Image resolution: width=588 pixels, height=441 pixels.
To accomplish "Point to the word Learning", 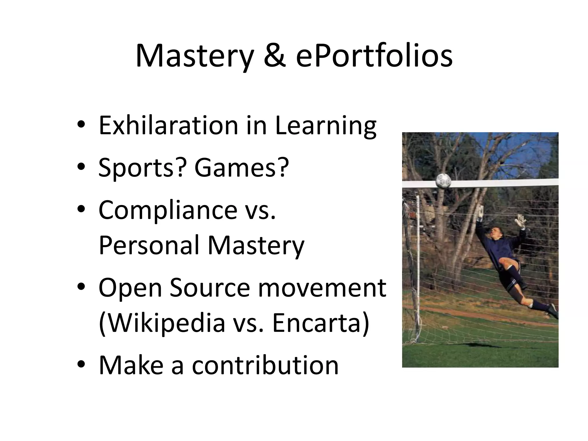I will pyautogui.click(x=326, y=126).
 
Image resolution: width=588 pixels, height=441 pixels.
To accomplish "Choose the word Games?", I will pyautogui.click(x=241, y=168).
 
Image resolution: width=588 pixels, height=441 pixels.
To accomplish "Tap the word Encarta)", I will pyautogui.click(x=320, y=323).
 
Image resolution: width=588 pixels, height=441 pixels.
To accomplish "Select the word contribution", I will pyautogui.click(x=265, y=365).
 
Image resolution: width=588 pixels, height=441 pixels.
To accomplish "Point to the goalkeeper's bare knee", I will pyautogui.click(x=504, y=262).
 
